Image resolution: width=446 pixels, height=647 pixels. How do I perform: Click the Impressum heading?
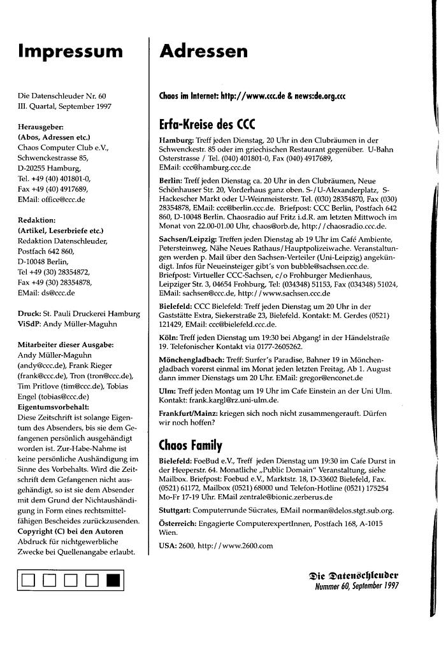coord(70,51)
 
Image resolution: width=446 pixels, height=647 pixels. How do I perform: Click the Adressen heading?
coord(204,51)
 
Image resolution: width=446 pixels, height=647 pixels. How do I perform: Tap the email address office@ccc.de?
coord(62,199)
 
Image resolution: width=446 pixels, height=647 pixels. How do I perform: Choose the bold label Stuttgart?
coord(176,510)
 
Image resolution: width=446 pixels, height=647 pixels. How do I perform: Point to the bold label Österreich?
coord(178,523)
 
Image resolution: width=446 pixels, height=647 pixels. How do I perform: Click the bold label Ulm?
coord(168,390)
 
